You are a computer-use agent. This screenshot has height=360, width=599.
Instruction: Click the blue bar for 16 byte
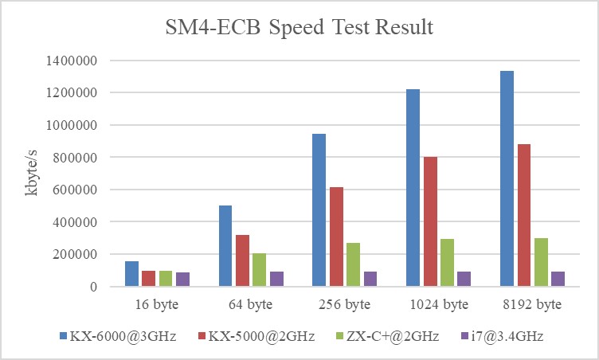pos(132,273)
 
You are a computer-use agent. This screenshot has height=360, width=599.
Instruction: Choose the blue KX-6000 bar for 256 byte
pos(319,209)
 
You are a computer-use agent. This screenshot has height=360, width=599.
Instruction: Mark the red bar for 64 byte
pos(242,260)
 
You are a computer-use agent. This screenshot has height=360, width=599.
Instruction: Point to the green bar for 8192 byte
pos(541,262)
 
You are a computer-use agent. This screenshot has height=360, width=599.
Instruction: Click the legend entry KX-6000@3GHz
pos(109,337)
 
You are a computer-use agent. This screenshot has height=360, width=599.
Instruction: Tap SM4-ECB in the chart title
pos(202,28)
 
